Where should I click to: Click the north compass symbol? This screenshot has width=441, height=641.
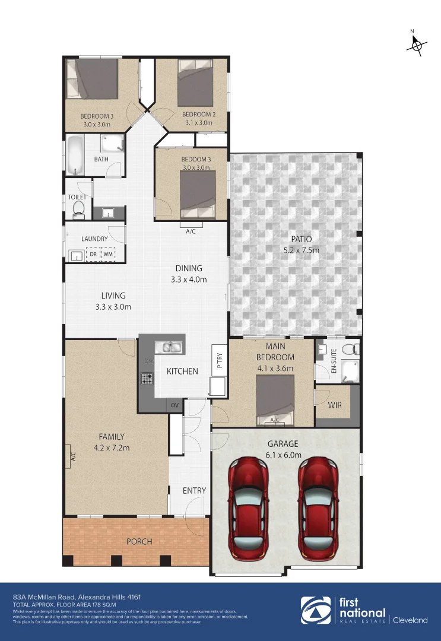(418, 45)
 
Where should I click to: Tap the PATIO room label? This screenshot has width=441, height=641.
(301, 239)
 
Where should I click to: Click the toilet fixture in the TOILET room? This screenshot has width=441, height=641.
(78, 208)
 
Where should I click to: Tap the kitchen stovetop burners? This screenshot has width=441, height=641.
(146, 377)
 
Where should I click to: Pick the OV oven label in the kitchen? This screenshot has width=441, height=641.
(175, 405)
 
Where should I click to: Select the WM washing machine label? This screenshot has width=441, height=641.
(108, 255)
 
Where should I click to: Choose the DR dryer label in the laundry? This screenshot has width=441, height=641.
(93, 255)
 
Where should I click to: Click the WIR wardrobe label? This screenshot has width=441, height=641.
(335, 406)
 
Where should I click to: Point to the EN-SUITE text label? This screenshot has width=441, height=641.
(334, 361)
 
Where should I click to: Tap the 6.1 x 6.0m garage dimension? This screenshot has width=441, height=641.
(283, 455)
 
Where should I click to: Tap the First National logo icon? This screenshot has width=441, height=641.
(315, 611)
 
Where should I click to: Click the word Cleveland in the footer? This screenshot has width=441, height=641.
(410, 620)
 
